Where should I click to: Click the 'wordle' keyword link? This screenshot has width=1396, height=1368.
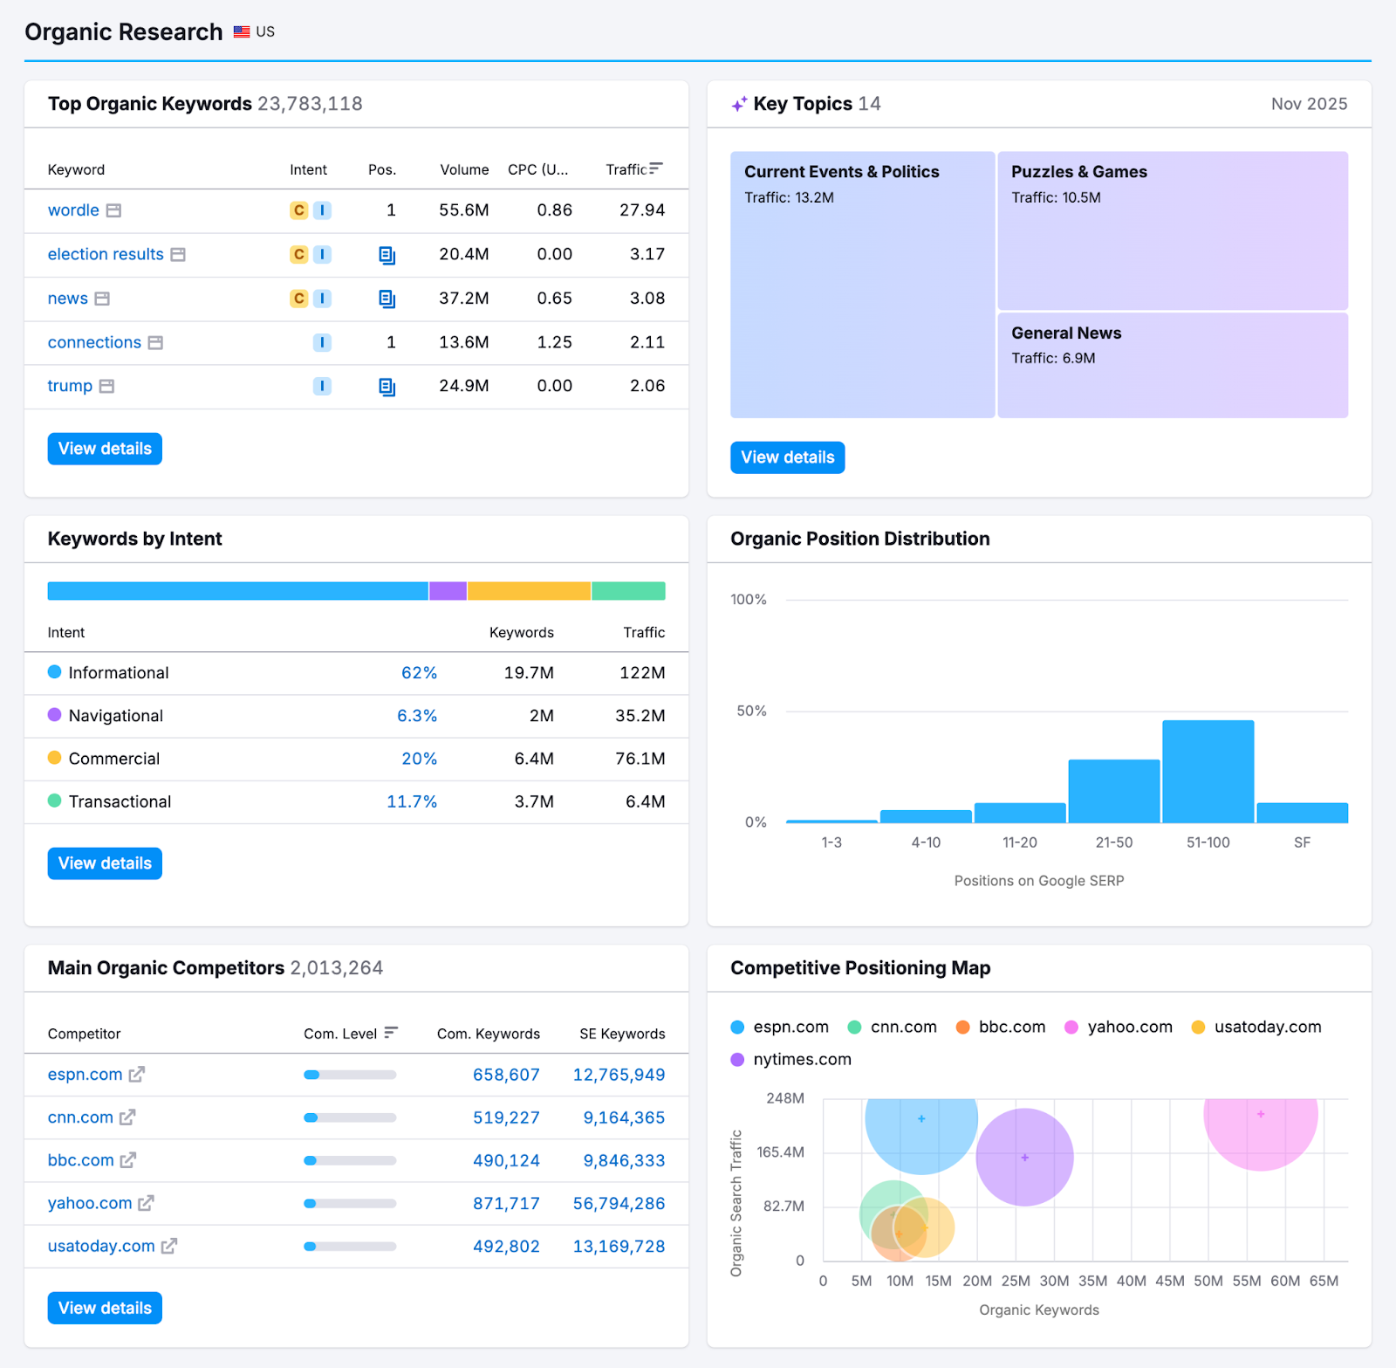[x=73, y=210]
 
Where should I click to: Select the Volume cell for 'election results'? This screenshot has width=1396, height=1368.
[x=463, y=254]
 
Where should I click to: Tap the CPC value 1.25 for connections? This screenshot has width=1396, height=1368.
[x=554, y=342]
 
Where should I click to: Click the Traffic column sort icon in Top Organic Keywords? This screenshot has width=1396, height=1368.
[x=656, y=168]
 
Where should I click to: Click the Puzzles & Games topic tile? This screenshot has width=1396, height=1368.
[x=1172, y=231]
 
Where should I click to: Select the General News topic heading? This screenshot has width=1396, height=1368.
[x=1065, y=333]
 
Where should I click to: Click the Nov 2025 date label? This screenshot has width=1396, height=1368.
[x=1308, y=104]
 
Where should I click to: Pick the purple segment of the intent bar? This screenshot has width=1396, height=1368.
[x=448, y=591]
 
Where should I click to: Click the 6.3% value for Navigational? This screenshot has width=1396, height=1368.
[x=416, y=716]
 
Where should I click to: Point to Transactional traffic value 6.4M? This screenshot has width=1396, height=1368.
[x=645, y=801]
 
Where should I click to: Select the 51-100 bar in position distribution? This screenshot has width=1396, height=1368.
[x=1208, y=771]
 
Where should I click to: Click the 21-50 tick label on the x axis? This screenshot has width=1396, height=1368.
[x=1113, y=842]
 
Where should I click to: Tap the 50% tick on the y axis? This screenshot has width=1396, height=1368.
[x=750, y=711]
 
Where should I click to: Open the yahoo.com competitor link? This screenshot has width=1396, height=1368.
[x=90, y=1203]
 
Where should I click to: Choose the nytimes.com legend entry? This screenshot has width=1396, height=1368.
[x=801, y=1059]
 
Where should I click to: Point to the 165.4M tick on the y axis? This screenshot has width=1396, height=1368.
[x=780, y=1152]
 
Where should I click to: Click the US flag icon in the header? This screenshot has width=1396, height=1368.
[x=242, y=31]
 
